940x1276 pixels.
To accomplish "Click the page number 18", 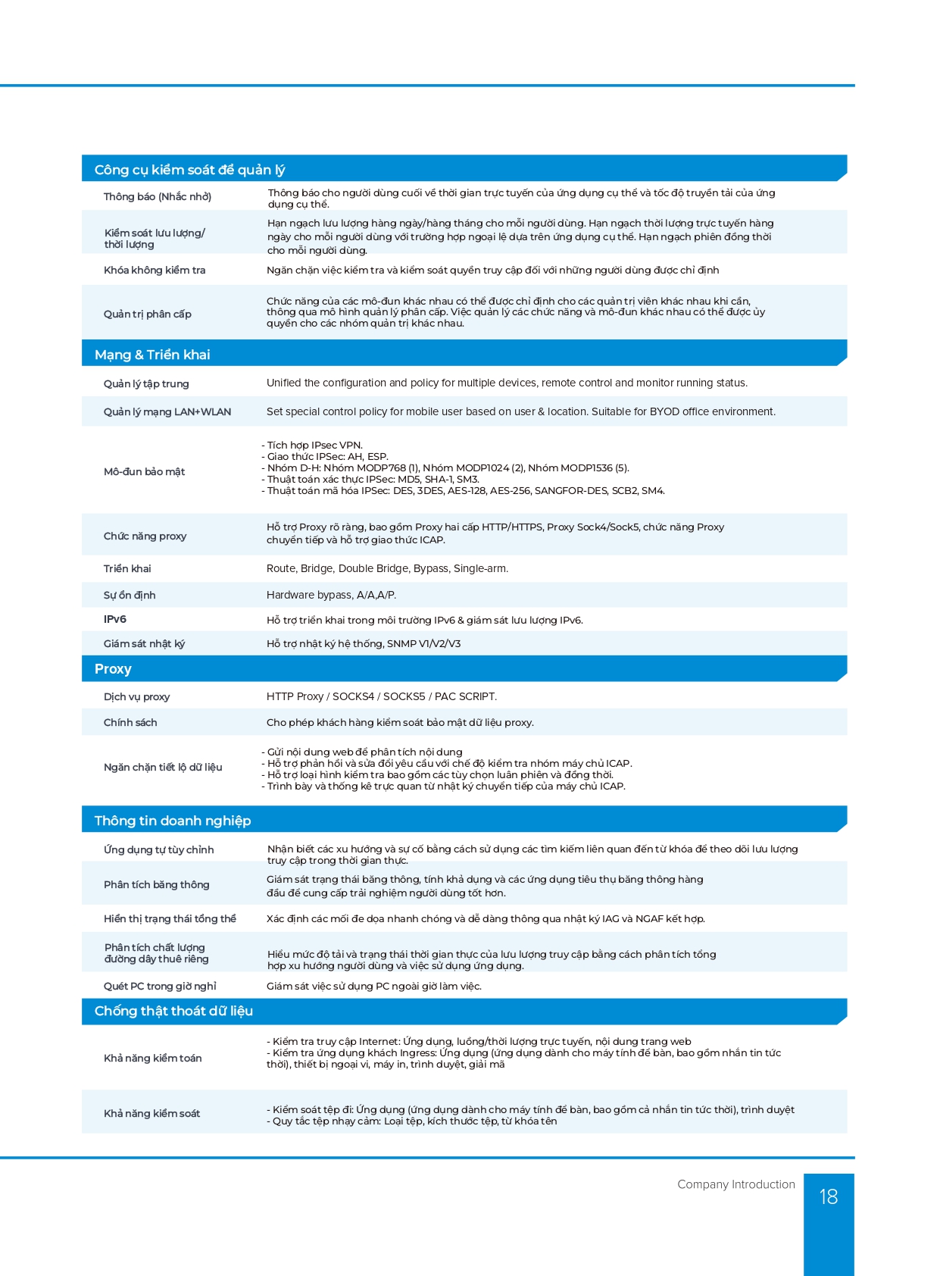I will coord(828,1196).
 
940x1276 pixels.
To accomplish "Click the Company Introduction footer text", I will coord(735,1184).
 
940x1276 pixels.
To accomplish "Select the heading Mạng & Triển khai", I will coord(152,355).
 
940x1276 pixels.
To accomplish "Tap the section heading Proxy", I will coord(113,669).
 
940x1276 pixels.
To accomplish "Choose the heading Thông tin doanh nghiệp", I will coord(173,821).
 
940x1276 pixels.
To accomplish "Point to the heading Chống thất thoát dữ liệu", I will coord(173,1011).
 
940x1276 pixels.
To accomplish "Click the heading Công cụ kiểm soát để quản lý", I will coord(189,170).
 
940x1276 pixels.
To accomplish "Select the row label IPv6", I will coord(115,619).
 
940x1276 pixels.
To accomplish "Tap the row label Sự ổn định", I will coord(130,595).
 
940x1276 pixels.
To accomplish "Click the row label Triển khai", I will coord(127,568).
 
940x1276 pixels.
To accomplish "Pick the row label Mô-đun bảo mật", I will coord(144,471).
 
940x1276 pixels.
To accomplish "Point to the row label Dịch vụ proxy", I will coord(136,696).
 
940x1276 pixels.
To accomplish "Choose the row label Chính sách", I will coord(130,722).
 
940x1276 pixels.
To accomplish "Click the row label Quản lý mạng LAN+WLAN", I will coord(167,411).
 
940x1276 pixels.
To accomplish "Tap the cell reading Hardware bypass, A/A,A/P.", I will coord(331,595).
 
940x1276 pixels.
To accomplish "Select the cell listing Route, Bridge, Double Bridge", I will coord(387,568).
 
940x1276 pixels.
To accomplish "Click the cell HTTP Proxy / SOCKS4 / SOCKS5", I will coord(382,696).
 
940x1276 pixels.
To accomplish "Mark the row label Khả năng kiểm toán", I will coord(152,1058).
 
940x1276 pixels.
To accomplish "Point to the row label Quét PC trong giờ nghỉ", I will coord(160,986).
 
